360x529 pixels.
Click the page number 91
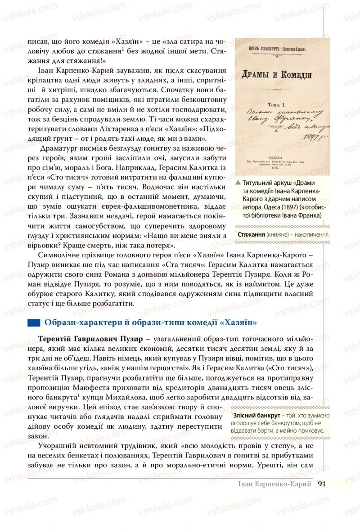coord(321,484)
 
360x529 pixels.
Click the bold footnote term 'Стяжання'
coord(251,234)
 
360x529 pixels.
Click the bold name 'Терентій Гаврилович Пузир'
coord(92,338)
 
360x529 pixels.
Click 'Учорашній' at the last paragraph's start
coord(57,445)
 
